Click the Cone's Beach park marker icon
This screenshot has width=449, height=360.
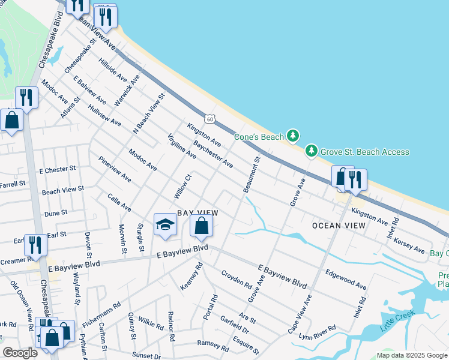292,136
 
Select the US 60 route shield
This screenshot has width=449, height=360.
209,119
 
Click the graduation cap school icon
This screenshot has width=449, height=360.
165,225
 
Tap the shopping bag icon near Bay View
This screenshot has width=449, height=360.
202,226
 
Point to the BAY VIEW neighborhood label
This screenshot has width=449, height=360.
197,213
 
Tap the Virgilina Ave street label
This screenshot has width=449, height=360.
182,145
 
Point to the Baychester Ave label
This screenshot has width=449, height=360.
213,154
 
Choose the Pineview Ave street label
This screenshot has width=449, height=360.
115,169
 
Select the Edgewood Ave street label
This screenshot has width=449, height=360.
346,278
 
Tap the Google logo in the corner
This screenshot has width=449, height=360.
20,352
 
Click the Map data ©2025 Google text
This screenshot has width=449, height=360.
412,355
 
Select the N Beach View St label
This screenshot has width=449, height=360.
148,112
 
